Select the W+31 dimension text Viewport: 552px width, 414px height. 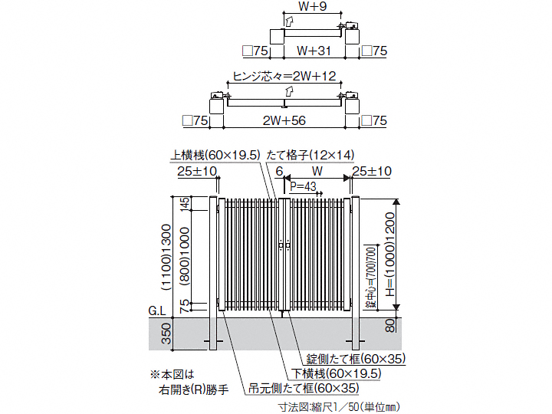click(x=315, y=51)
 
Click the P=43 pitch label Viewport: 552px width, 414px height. click(x=304, y=186)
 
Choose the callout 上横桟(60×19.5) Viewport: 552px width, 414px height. click(x=216, y=154)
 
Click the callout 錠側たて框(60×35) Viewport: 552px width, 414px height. click(x=356, y=359)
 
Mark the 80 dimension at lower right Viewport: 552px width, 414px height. click(x=391, y=324)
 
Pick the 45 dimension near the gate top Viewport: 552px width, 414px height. click(x=184, y=205)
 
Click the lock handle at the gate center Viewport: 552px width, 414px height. click(x=284, y=246)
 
